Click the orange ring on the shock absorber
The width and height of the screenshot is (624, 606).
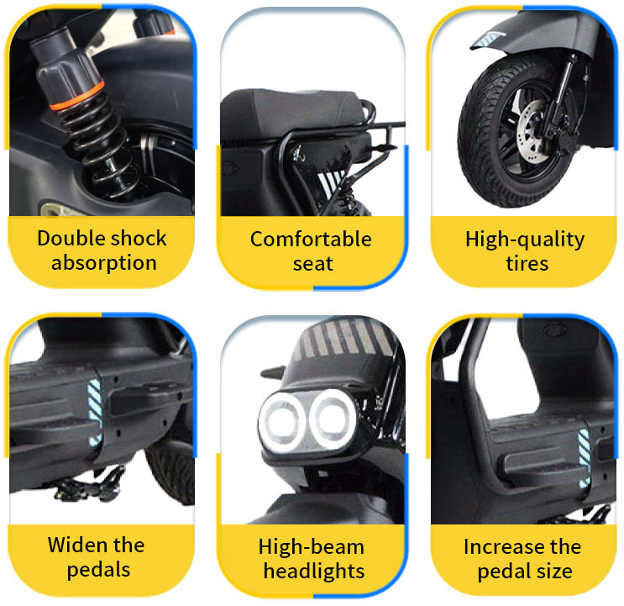pos(77,96)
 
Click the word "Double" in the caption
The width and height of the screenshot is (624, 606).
pos(69,239)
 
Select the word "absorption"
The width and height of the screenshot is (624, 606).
pos(104,263)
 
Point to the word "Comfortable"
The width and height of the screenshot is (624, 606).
pos(311,240)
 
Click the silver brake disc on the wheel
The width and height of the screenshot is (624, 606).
pos(532,131)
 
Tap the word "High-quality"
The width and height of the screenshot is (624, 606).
pos(525,240)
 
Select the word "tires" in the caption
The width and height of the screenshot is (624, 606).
pos(527,264)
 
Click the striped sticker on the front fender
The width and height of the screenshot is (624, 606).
pos(487,38)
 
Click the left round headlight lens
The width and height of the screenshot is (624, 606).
pos(283,422)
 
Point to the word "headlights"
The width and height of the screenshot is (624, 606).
pos(314,571)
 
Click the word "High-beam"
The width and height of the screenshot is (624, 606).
pos(312,547)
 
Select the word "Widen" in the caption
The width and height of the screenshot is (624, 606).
pos(77,545)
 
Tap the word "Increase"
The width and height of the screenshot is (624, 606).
pos(501,546)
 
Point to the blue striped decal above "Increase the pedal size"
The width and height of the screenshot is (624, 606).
pos(584,458)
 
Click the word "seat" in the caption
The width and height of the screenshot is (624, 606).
pos(313,264)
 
